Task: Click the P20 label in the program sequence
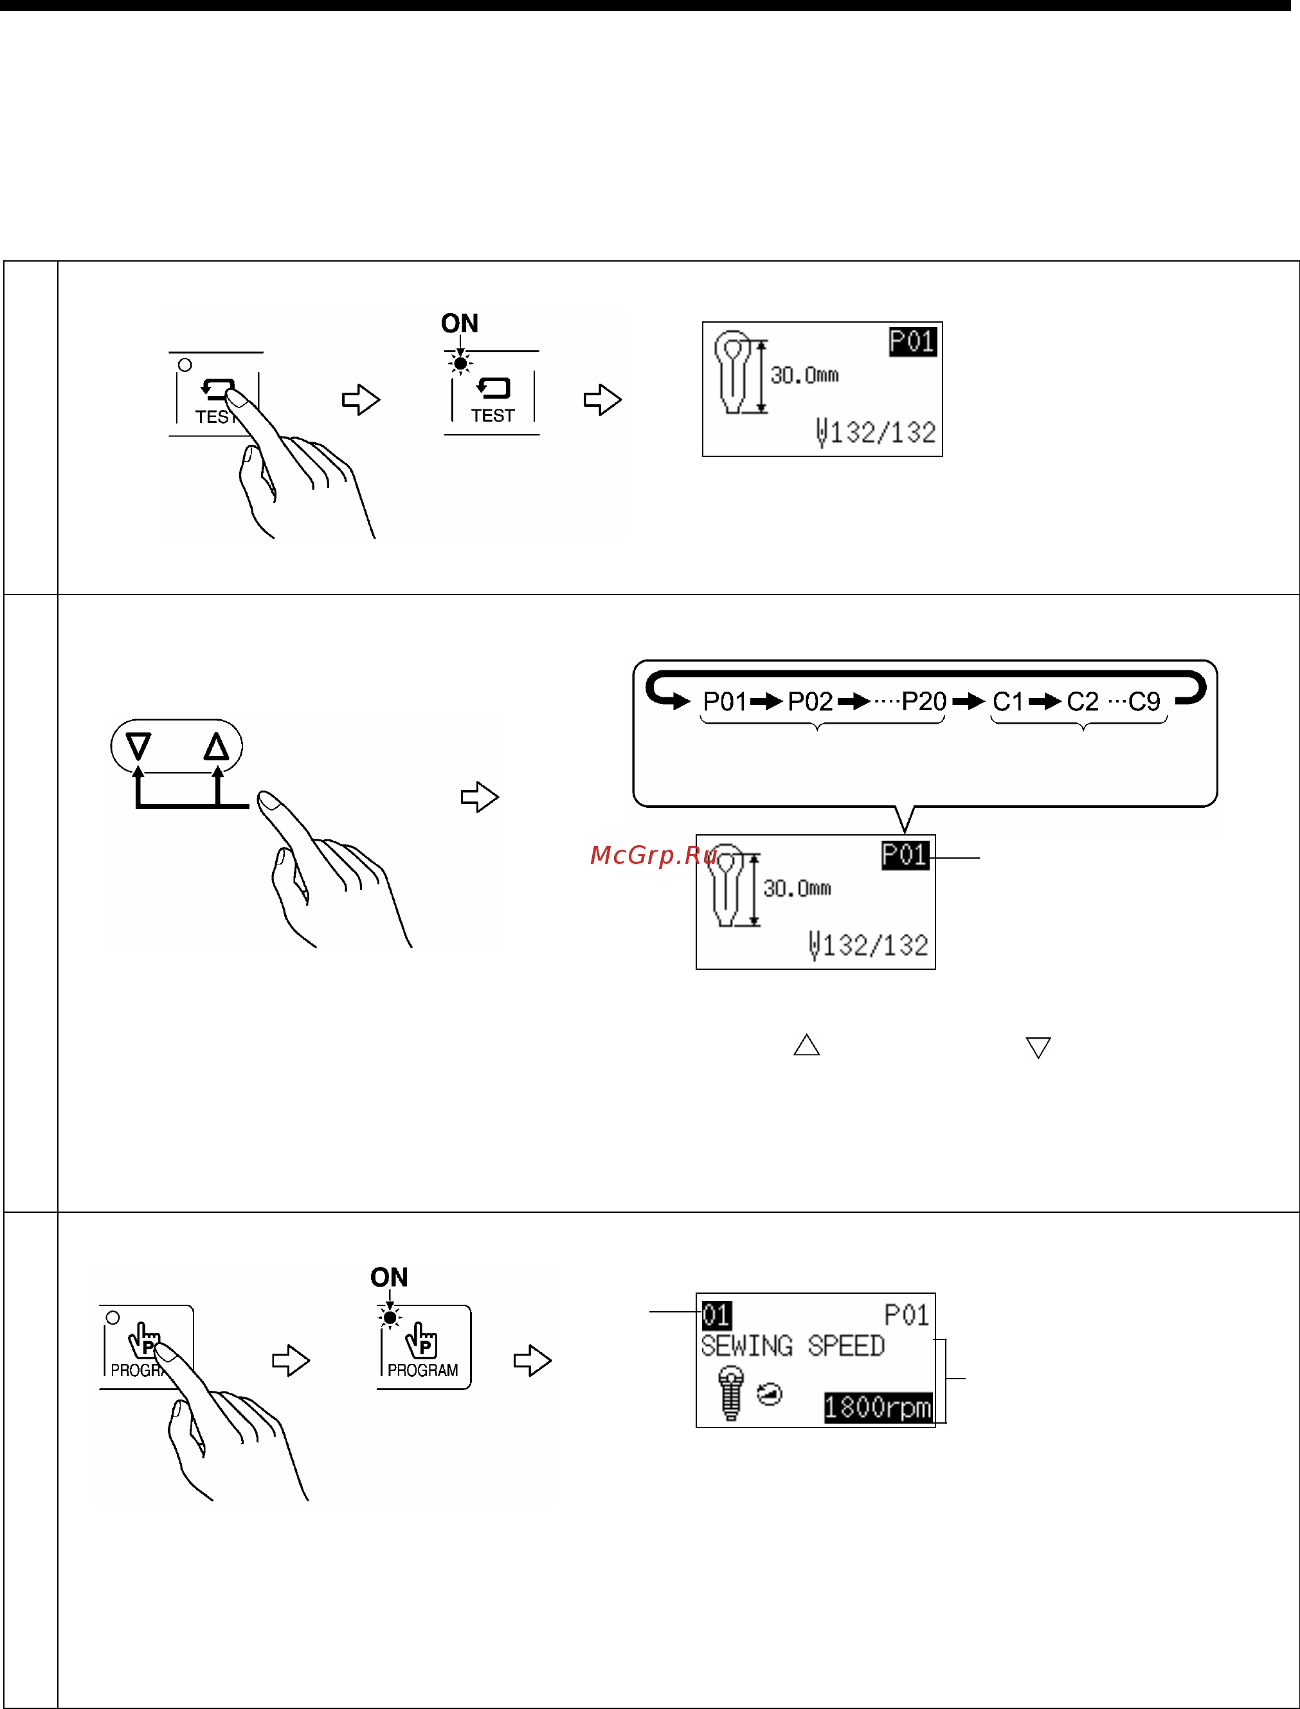(x=924, y=702)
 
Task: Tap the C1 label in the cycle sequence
(x=1007, y=702)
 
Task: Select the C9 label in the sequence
(x=1144, y=702)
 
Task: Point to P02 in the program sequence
(x=810, y=702)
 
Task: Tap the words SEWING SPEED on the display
(x=792, y=1346)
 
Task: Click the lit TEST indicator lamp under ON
(x=460, y=363)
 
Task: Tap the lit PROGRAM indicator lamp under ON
(x=390, y=1317)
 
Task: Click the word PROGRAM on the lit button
(x=422, y=1370)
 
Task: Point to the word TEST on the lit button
(x=493, y=415)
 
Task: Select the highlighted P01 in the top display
(x=913, y=341)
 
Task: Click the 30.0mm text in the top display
(x=805, y=375)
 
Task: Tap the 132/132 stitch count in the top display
(x=883, y=432)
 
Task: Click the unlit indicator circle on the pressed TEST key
(x=185, y=365)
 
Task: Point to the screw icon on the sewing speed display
(x=730, y=1393)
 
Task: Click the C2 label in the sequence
(x=1083, y=702)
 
